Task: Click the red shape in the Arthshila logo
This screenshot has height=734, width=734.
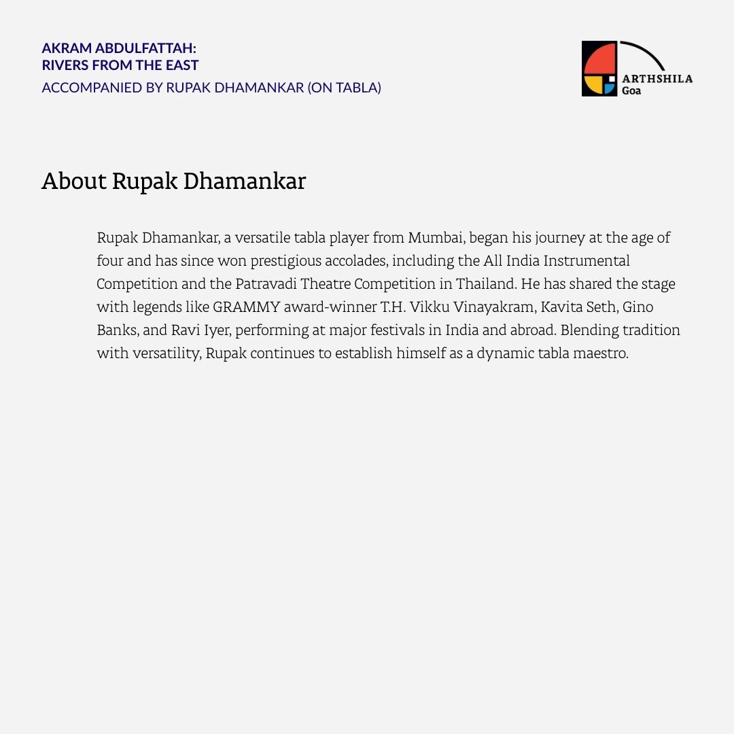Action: (599, 58)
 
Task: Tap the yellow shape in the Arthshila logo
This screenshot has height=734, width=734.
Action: (594, 85)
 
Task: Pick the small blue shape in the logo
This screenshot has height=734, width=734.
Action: (610, 89)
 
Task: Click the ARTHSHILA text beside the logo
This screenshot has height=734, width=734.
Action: (657, 79)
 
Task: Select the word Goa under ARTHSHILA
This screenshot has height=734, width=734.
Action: (631, 90)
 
